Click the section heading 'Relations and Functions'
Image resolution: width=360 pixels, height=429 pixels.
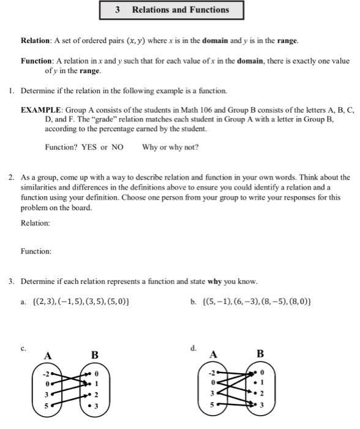tap(181, 10)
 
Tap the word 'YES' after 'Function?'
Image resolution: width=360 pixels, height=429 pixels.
tap(89, 147)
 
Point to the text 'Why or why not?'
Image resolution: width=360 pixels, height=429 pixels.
tap(170, 147)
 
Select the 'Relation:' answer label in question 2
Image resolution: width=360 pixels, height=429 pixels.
tap(36, 223)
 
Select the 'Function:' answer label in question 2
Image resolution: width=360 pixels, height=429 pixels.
tap(36, 251)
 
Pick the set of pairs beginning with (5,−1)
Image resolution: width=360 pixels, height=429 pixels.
tap(257, 302)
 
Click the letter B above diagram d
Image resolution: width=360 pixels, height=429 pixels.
tap(260, 354)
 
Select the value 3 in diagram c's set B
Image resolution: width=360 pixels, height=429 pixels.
tap(96, 405)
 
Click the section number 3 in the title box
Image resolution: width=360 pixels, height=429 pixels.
tap(116, 10)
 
